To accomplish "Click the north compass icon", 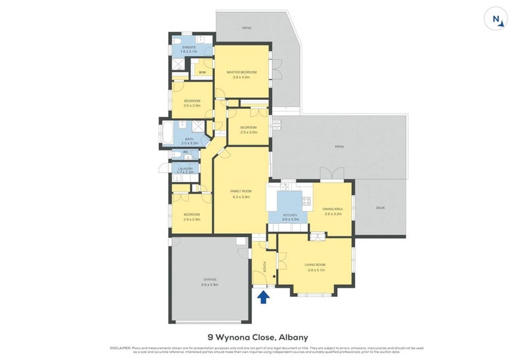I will click(498, 20).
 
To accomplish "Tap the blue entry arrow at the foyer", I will click(264, 298).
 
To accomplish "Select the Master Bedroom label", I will click(241, 72).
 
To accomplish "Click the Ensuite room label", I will click(180, 47).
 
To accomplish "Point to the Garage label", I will click(210, 281).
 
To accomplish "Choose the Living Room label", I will click(315, 265).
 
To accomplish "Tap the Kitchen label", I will click(290, 215).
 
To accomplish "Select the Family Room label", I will click(241, 191).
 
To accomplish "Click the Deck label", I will click(379, 208).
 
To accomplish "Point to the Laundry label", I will click(185, 168).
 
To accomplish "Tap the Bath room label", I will click(189, 139).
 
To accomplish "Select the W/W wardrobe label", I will click(203, 72).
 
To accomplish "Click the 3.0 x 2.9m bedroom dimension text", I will click(192, 105).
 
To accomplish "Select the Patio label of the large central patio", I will click(339, 146).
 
